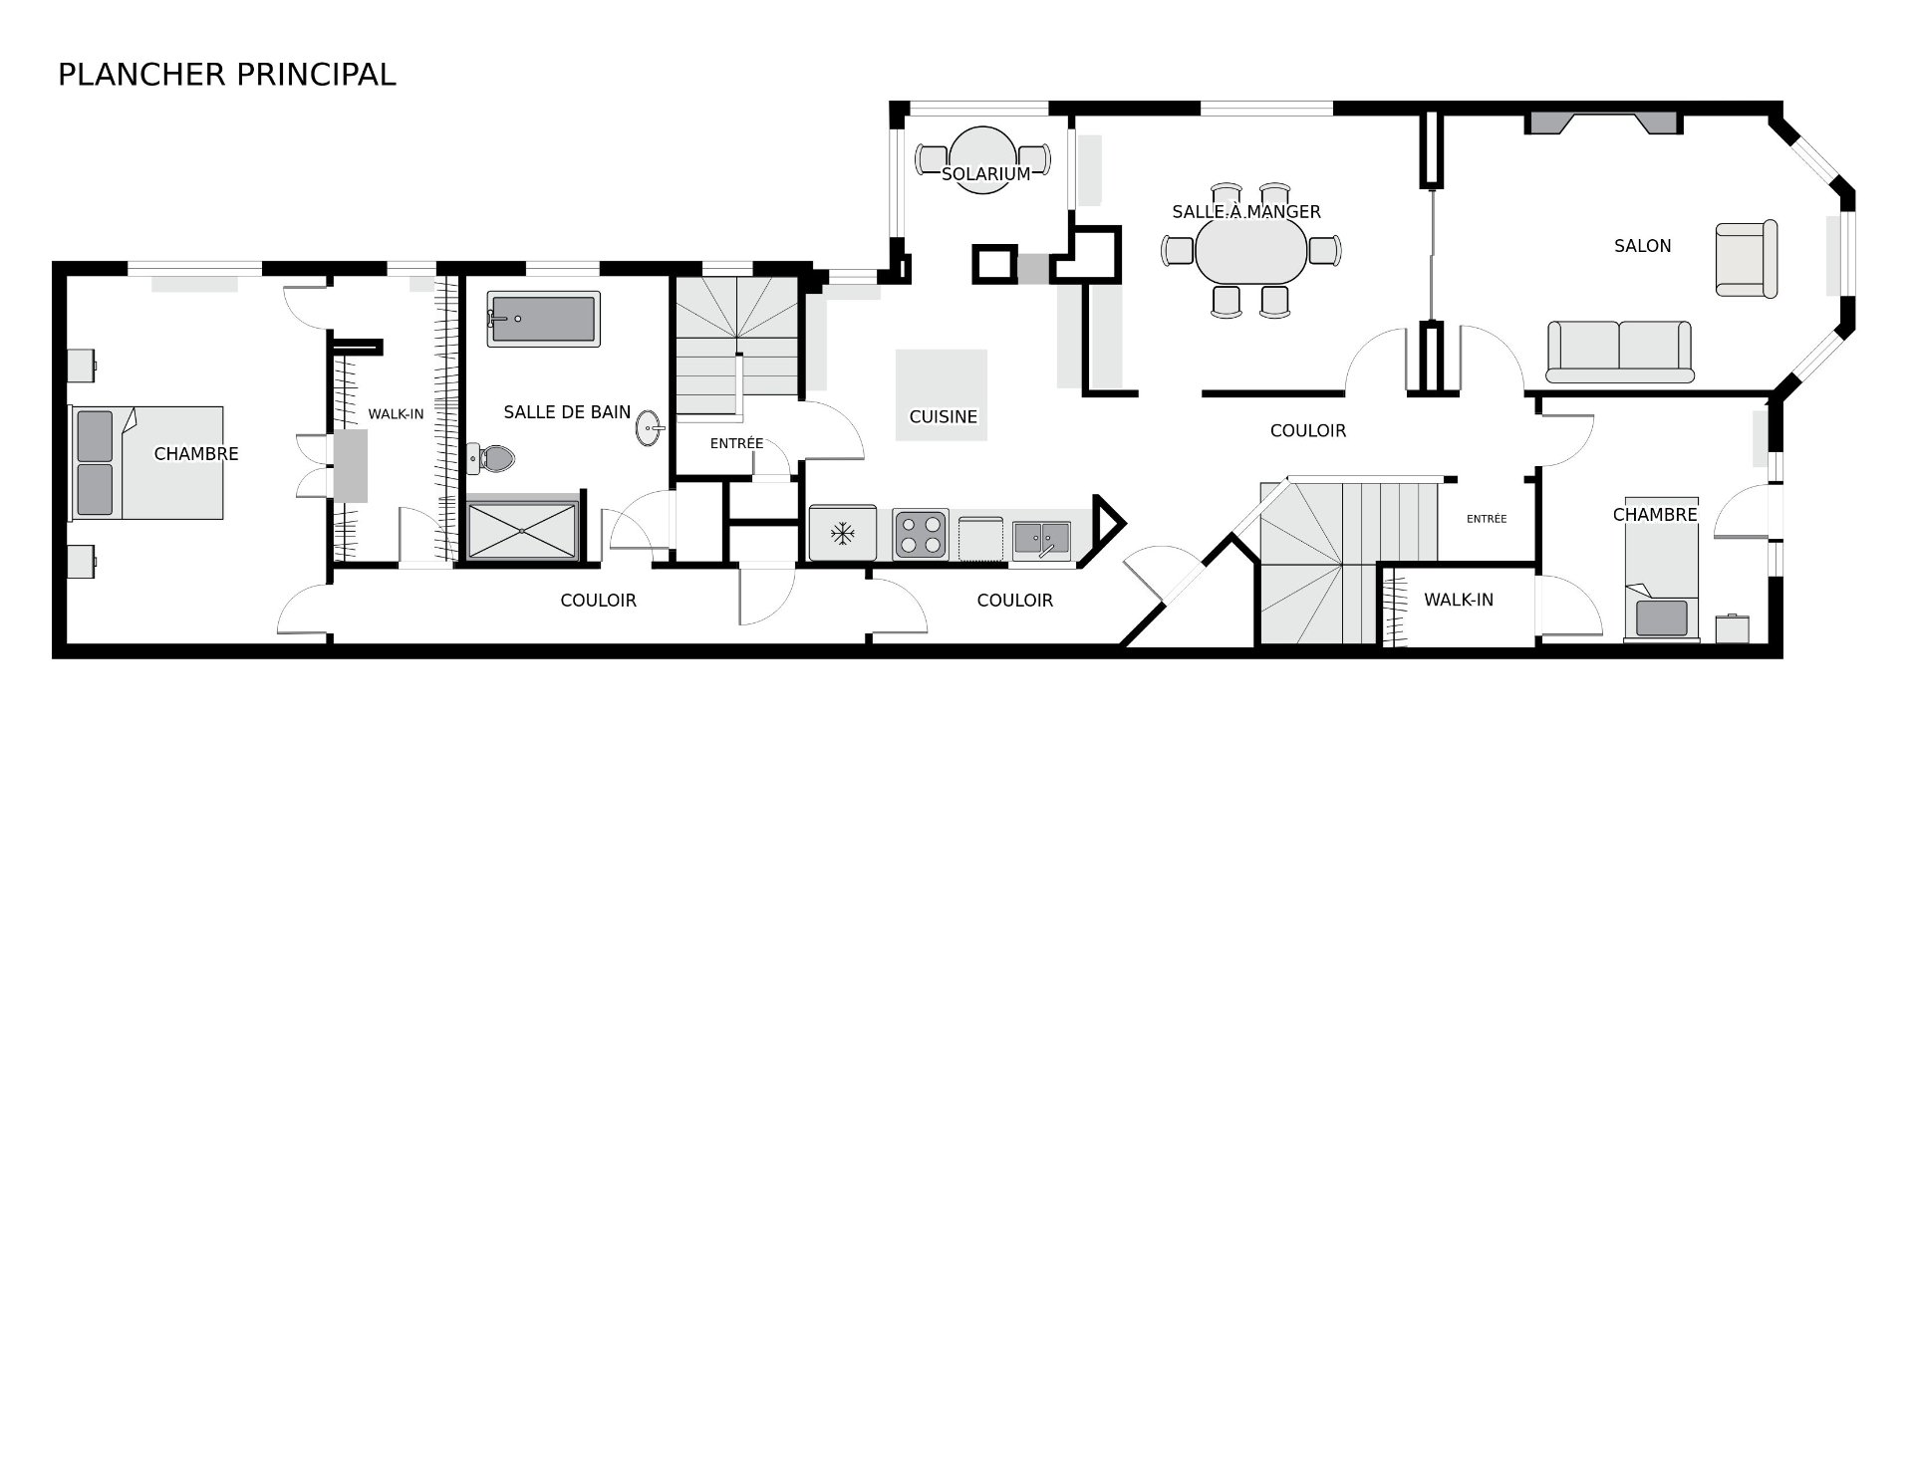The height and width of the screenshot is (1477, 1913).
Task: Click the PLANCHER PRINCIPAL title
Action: click(226, 75)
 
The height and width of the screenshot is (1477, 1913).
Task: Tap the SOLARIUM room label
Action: click(985, 174)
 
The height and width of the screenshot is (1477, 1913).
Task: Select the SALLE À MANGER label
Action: click(1245, 212)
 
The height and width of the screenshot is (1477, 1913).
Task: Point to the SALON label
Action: click(1642, 246)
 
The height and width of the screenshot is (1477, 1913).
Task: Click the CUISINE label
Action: click(943, 417)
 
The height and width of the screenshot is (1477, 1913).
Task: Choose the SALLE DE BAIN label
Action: click(567, 412)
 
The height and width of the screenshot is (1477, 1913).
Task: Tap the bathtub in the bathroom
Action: click(543, 319)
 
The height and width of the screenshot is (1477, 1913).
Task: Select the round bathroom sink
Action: click(649, 429)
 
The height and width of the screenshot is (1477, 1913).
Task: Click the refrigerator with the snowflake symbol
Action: click(843, 534)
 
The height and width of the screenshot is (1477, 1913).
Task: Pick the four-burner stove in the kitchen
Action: click(920, 534)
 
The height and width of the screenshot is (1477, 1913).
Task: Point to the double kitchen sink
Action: click(1041, 539)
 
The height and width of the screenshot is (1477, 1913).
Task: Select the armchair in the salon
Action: click(1746, 259)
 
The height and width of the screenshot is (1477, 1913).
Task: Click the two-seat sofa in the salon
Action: click(1619, 352)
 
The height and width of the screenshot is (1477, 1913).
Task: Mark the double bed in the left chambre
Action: click(146, 462)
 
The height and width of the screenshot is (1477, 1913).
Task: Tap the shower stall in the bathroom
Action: click(521, 531)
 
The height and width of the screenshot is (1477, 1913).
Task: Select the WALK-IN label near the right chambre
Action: click(1458, 600)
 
